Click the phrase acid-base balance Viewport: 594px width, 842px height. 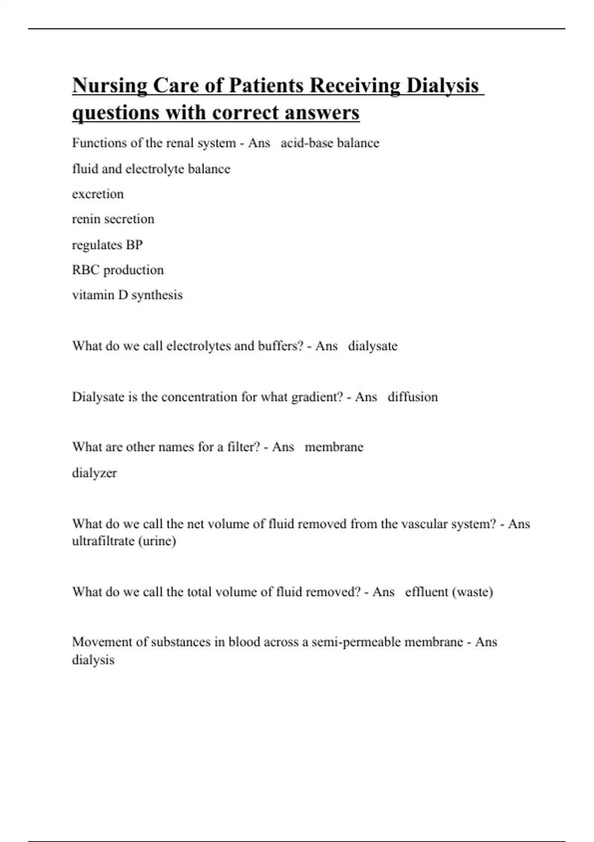330,143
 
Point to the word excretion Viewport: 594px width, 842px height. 98,194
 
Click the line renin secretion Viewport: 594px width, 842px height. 113,219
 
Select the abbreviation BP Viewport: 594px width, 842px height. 134,245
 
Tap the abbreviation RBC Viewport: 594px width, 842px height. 86,270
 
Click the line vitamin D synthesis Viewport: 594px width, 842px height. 127,295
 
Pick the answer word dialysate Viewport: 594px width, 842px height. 372,346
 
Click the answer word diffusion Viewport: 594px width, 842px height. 412,397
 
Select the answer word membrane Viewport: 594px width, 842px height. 334,447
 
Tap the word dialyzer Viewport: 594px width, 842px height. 94,473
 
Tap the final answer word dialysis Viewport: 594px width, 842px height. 93,660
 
